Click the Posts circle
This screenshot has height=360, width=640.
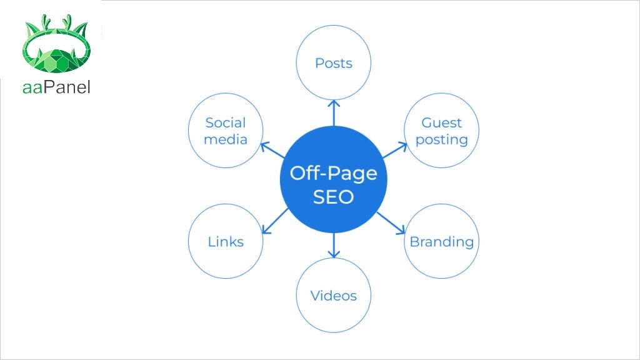[334, 63]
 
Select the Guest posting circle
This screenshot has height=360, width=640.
[442, 131]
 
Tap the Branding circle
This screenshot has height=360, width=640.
[442, 241]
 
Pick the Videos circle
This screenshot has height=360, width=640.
[334, 295]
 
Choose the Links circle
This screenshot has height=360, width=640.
[226, 241]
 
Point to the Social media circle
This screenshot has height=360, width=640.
[226, 131]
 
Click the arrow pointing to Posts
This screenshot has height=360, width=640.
[334, 112]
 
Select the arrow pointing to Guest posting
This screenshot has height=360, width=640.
[394, 151]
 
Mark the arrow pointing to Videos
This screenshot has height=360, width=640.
[334, 245]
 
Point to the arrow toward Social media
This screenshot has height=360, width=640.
[273, 151]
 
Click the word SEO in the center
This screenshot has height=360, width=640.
[334, 197]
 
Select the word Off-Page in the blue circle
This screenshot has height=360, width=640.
[334, 172]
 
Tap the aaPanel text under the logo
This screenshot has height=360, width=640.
[56, 87]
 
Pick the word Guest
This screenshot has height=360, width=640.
[442, 122]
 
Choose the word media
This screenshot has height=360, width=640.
[226, 139]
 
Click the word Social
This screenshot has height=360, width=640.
[226, 122]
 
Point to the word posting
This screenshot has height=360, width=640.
[442, 139]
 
